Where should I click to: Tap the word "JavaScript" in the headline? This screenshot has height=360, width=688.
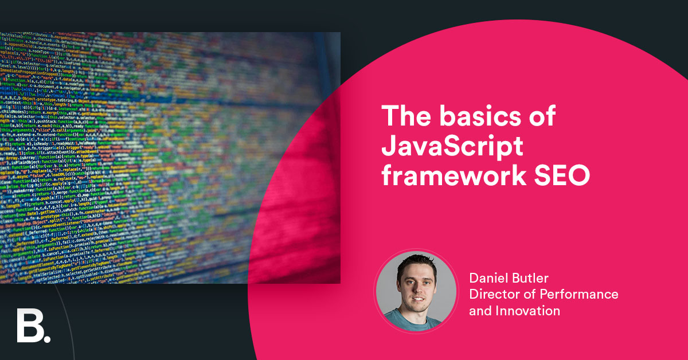point(453,147)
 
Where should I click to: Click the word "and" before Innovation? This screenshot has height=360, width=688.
point(480,311)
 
